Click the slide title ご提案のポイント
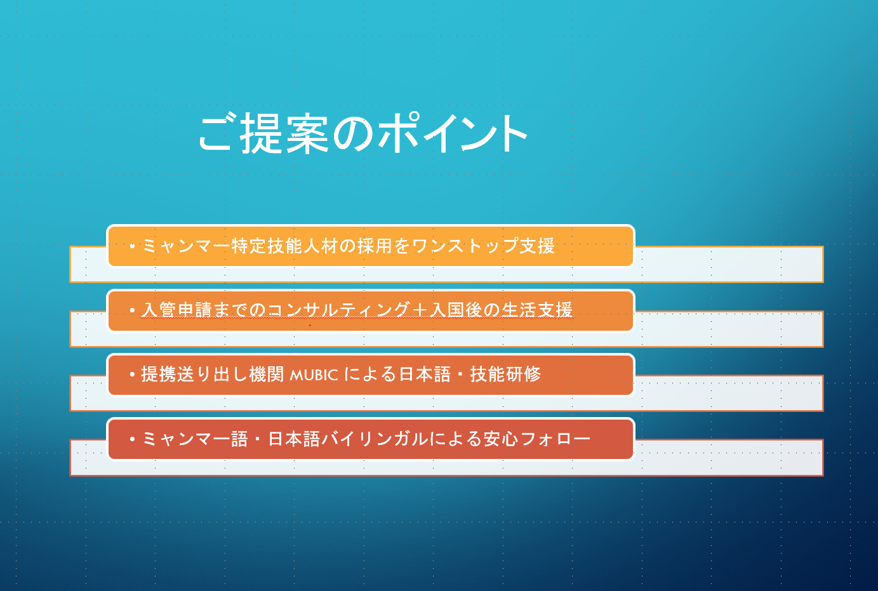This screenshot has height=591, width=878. pos(363,133)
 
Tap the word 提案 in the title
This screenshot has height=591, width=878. pos(284,133)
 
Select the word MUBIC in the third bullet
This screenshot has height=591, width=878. pos(314,375)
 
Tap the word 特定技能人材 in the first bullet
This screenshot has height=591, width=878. pos(284,246)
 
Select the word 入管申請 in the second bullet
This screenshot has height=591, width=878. pos(176,310)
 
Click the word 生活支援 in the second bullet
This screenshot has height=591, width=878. pos(537,310)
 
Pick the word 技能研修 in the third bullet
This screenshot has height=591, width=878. pos(505,375)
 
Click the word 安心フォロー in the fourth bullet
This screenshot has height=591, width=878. pos(537,439)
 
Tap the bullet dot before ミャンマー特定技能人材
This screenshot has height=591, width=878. pos(132,246)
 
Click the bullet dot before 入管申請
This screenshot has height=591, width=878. pos(132,310)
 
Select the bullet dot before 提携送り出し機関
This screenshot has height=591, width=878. pos(132,375)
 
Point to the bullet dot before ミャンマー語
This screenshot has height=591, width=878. pos(132,439)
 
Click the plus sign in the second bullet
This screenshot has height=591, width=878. pos(420,310)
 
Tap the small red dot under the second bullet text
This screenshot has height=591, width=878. pos(310,325)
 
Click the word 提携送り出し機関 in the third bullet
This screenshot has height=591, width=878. pos(213,375)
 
